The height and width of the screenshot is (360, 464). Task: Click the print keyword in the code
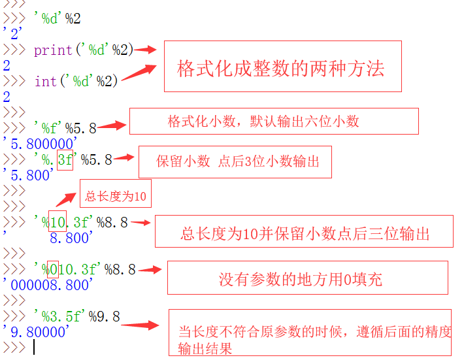click(x=53, y=50)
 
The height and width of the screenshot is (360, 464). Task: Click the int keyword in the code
click(x=45, y=81)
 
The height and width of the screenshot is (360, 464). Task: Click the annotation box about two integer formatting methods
click(x=282, y=67)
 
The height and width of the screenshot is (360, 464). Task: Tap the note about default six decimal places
click(x=273, y=122)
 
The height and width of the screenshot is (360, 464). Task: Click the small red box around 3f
click(x=65, y=159)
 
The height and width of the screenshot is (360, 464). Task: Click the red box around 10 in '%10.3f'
click(x=58, y=222)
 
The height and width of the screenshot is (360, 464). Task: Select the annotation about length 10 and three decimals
click(x=304, y=232)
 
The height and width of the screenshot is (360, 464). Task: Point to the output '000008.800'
click(x=48, y=284)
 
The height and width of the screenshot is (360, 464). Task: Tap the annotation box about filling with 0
click(x=307, y=278)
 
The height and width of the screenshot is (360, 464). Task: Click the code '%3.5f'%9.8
click(x=76, y=317)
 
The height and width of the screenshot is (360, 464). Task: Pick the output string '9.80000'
click(x=37, y=333)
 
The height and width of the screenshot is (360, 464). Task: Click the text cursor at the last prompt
click(x=33, y=348)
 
